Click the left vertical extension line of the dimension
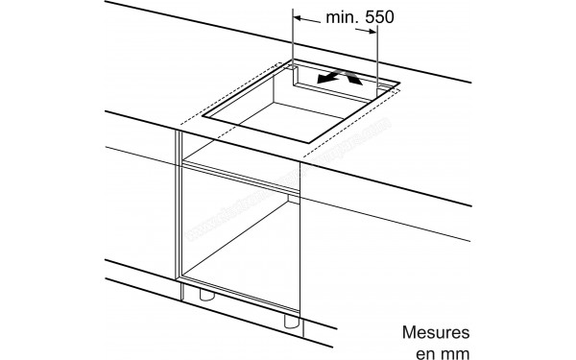point(294,38)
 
